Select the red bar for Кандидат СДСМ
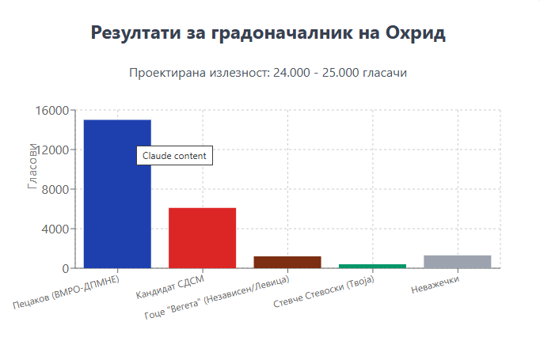coord(202,237)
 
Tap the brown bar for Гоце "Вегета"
coord(287,262)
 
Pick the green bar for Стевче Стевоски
coord(372,266)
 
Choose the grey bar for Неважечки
coord(458,262)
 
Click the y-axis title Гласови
coord(32,166)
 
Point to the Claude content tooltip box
coord(174,156)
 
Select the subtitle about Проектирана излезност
coord(269,73)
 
